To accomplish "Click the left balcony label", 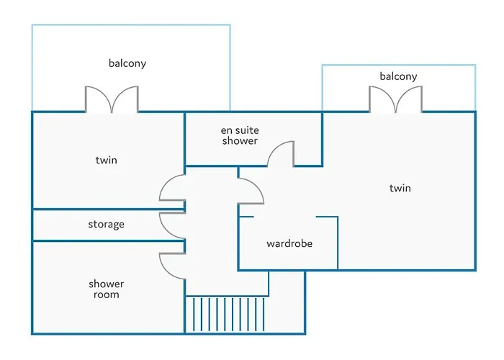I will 127,63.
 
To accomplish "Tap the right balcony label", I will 398,76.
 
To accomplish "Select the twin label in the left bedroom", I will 106,160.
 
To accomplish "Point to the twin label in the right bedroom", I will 400,188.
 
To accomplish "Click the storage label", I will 106,225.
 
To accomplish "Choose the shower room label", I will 106,289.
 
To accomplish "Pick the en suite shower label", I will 239,135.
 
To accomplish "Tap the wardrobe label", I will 289,243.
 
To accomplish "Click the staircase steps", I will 227,315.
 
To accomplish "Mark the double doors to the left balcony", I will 112,100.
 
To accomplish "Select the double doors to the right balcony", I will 395,100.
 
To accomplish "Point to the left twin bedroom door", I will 173,189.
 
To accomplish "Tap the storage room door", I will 173,225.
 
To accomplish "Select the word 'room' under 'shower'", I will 106,295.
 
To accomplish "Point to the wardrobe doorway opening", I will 285,217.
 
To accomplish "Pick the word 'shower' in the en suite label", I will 239,141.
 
